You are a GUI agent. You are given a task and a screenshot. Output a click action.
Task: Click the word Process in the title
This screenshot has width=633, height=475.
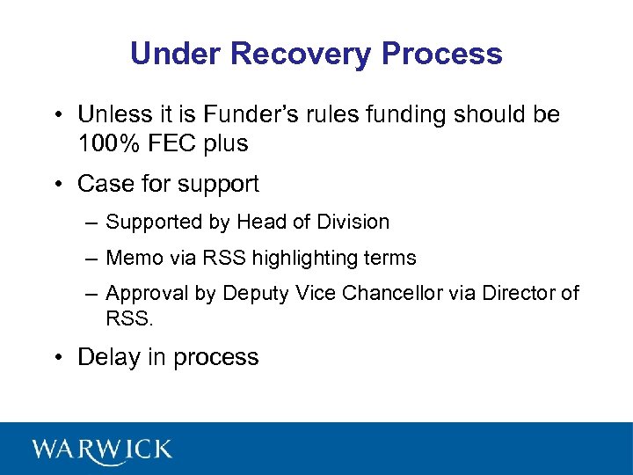[x=442, y=54]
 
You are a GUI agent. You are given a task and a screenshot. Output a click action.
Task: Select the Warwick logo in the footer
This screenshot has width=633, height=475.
[x=103, y=449]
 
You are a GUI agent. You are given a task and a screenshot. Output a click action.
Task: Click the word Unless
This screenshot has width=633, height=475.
[x=113, y=115]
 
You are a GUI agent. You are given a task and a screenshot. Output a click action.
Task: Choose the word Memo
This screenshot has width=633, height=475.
[x=129, y=258]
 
